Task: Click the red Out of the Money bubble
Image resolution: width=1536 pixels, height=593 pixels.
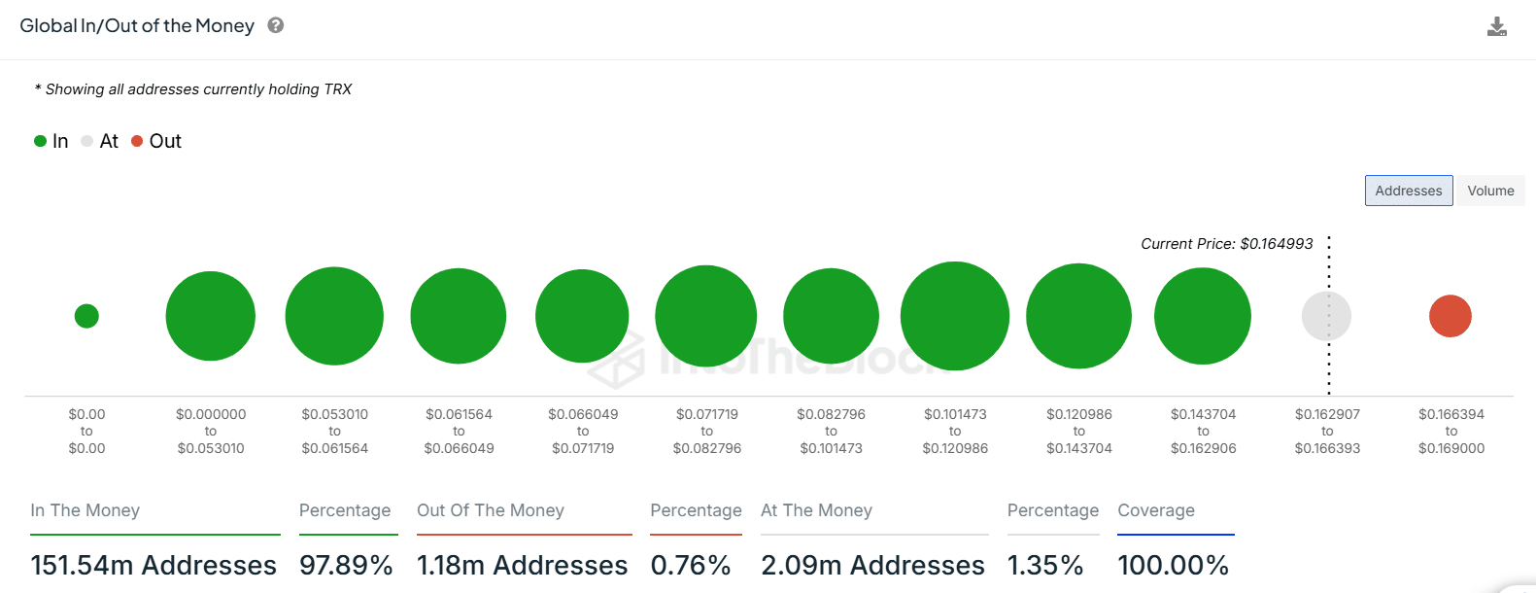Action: click(x=1450, y=316)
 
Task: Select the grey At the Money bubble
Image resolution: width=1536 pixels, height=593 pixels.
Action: click(x=1326, y=316)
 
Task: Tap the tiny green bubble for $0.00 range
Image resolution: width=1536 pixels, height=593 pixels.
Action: click(x=86, y=316)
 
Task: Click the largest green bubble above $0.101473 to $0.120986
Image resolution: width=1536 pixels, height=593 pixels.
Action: click(x=955, y=316)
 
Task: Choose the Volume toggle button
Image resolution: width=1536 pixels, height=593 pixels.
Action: click(x=1490, y=191)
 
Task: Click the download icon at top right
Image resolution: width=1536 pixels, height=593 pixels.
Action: click(x=1496, y=26)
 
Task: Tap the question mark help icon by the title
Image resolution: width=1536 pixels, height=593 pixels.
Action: click(x=276, y=25)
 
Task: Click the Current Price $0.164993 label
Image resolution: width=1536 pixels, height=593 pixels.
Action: click(x=1226, y=244)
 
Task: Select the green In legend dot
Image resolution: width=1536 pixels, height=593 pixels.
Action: click(x=41, y=141)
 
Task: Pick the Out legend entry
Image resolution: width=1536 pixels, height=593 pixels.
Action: click(x=157, y=141)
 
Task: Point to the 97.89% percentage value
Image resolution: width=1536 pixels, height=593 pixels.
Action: click(x=346, y=565)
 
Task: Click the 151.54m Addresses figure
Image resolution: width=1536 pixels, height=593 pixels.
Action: click(x=154, y=565)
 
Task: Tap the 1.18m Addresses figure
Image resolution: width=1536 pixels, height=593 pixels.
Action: click(x=522, y=565)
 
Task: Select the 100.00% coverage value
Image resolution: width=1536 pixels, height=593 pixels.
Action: click(x=1173, y=565)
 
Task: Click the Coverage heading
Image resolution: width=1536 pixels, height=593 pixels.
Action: click(x=1156, y=510)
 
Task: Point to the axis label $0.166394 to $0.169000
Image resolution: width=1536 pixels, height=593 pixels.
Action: click(x=1451, y=431)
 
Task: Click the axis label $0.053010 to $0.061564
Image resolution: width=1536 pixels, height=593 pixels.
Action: click(x=334, y=431)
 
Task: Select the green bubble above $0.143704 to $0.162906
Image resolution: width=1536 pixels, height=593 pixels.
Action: click(x=1202, y=316)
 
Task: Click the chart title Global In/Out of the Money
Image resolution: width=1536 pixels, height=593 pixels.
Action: click(x=137, y=26)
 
